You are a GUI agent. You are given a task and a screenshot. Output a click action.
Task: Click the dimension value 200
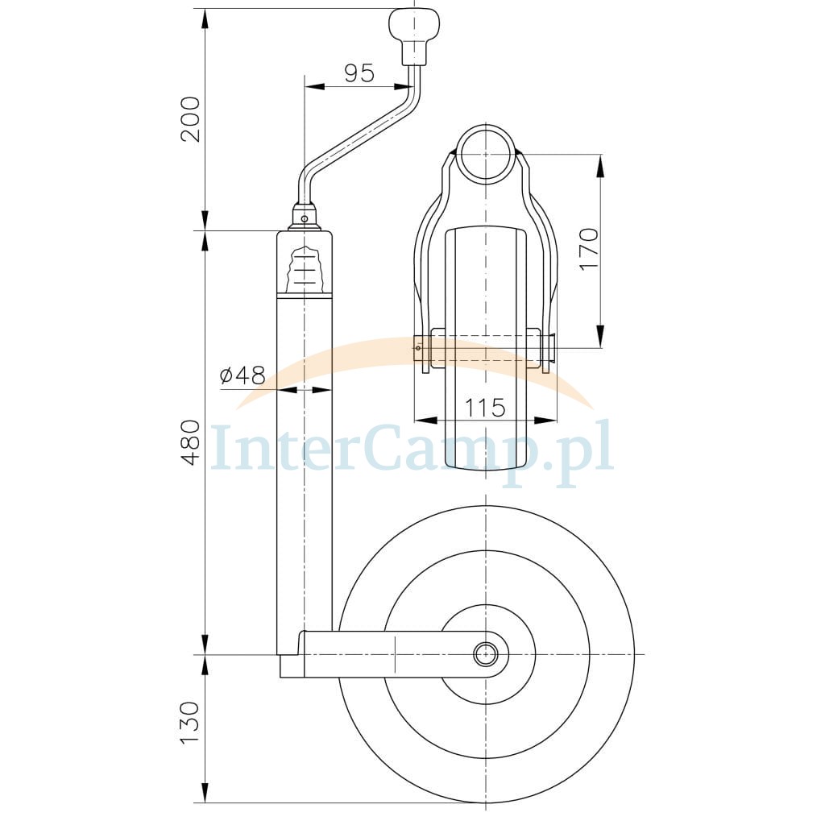(x=190, y=119)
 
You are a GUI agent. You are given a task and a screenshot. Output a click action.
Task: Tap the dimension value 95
(x=359, y=73)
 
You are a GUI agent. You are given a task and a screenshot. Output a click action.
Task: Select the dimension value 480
(x=190, y=442)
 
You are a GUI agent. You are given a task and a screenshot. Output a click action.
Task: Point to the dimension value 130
(x=190, y=723)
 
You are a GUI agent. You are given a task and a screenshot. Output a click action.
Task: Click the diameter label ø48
(x=243, y=375)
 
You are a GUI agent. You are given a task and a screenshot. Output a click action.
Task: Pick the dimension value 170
(x=589, y=250)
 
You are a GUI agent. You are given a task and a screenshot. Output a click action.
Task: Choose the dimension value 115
(x=484, y=408)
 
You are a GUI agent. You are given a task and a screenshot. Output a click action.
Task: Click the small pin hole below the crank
(x=304, y=218)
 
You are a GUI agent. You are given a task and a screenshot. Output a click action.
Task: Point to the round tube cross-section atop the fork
(x=485, y=154)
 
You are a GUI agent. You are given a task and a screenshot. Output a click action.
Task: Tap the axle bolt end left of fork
(x=419, y=348)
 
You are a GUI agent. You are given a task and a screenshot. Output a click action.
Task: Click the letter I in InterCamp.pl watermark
(x=222, y=446)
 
